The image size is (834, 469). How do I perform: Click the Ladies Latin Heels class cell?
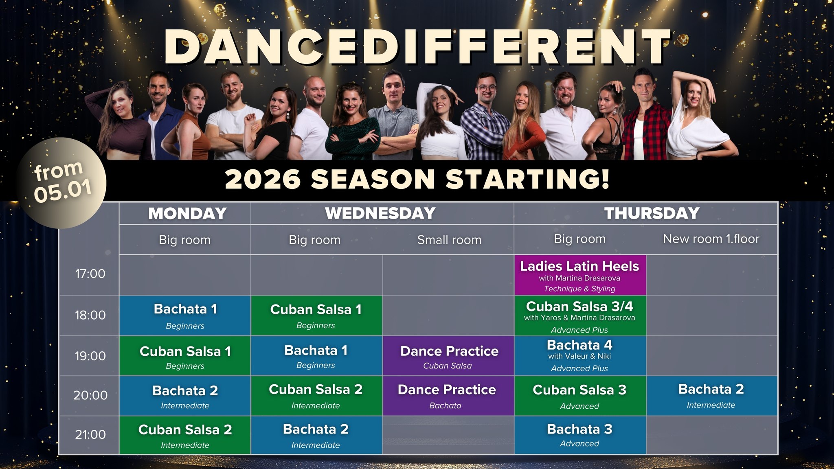[x=580, y=275]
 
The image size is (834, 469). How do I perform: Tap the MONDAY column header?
[x=187, y=213]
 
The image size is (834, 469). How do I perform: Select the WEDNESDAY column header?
[x=380, y=213]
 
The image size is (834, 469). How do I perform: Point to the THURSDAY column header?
[x=652, y=213]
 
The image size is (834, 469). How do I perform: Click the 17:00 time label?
[x=90, y=274]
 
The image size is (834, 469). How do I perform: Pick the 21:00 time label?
[x=90, y=434]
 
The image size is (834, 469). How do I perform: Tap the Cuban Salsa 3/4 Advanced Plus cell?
[x=580, y=316]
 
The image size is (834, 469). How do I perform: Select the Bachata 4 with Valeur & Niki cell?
[x=580, y=355]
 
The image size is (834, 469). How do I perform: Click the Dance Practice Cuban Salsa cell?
[x=448, y=355]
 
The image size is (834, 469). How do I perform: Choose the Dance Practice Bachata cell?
[x=448, y=395]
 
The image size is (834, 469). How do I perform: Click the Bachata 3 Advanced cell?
[x=580, y=435]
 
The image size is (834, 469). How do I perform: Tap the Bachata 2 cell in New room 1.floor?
[x=711, y=395]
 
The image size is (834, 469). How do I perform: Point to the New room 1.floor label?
[x=711, y=239]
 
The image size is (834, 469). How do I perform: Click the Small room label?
[x=449, y=240]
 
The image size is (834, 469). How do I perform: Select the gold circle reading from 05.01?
[x=61, y=183]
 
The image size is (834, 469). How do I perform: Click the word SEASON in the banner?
[x=373, y=179]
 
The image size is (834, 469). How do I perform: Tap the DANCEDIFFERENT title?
[x=418, y=47]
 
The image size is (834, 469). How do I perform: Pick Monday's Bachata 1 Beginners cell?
[x=185, y=316]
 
